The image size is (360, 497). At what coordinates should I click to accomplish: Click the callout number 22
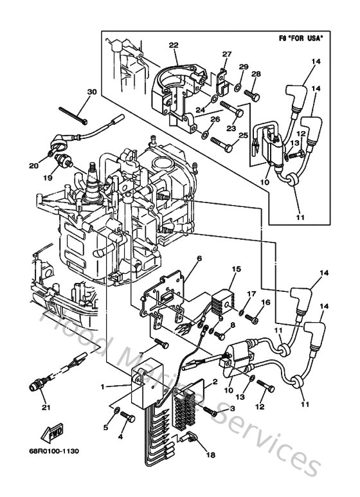point(173,44)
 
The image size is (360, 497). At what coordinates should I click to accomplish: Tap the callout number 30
point(91,91)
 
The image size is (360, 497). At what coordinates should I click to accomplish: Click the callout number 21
point(44,406)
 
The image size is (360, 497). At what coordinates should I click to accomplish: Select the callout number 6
point(181,258)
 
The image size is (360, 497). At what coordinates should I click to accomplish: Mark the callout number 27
point(226,54)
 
